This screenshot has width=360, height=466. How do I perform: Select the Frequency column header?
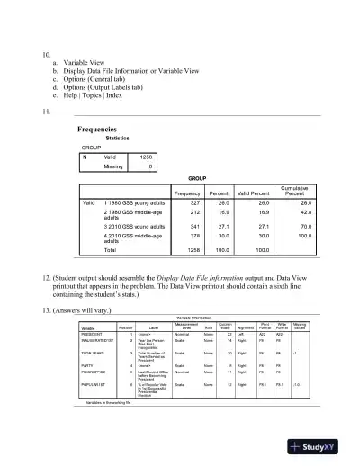tap(187, 193)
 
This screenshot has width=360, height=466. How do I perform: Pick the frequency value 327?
tap(193, 203)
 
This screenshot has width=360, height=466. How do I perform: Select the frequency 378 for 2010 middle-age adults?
tap(193, 238)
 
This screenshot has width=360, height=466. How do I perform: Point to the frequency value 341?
tap(193, 227)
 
